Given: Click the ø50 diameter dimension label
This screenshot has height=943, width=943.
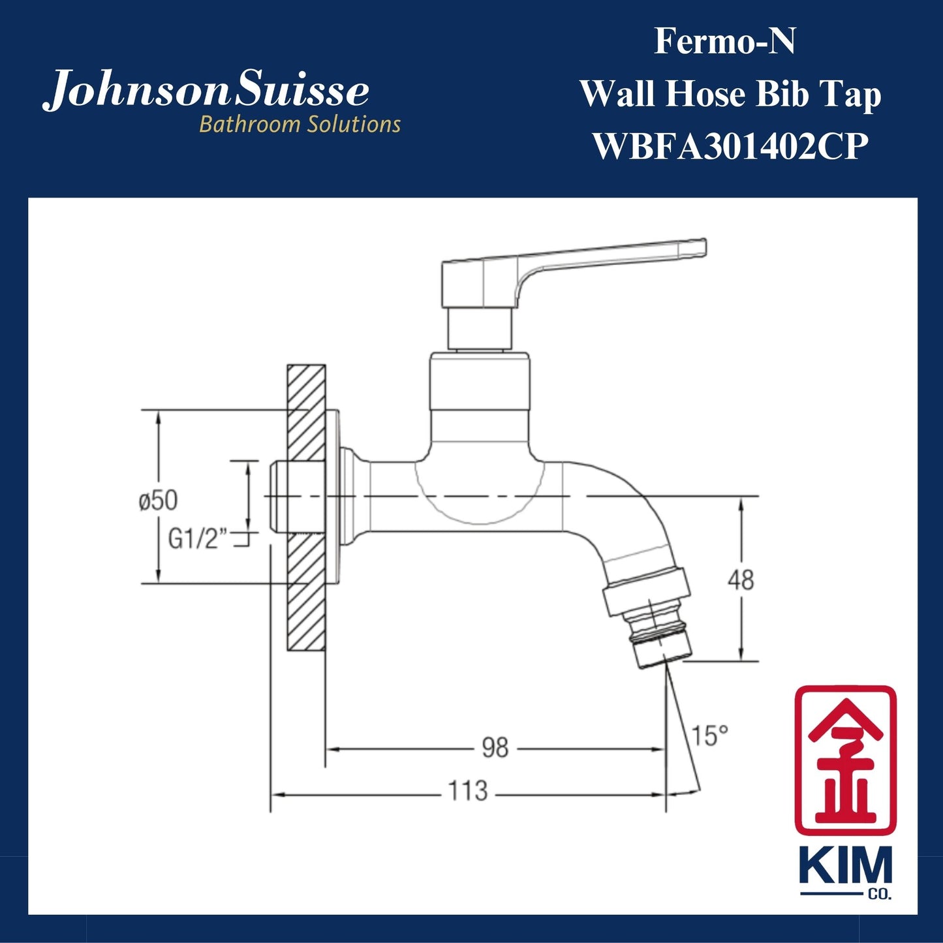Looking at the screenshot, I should (x=158, y=501).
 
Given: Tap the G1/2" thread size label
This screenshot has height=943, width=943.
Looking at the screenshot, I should (x=198, y=539).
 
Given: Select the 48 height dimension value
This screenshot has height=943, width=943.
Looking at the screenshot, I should (x=741, y=580).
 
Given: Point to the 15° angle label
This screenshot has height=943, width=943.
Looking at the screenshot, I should (x=709, y=735).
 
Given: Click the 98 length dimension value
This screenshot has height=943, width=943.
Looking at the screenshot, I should (x=495, y=748).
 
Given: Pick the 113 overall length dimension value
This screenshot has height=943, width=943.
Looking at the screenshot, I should (x=468, y=791).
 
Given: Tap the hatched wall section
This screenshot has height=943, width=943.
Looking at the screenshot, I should (x=306, y=509).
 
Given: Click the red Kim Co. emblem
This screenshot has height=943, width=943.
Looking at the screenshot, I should (x=845, y=760).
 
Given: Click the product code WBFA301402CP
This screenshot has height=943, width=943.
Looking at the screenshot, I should (x=730, y=147).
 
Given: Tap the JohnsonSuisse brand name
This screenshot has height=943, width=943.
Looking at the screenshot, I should (x=206, y=91).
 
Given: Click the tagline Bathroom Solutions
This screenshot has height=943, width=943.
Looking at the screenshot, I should (x=300, y=125).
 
